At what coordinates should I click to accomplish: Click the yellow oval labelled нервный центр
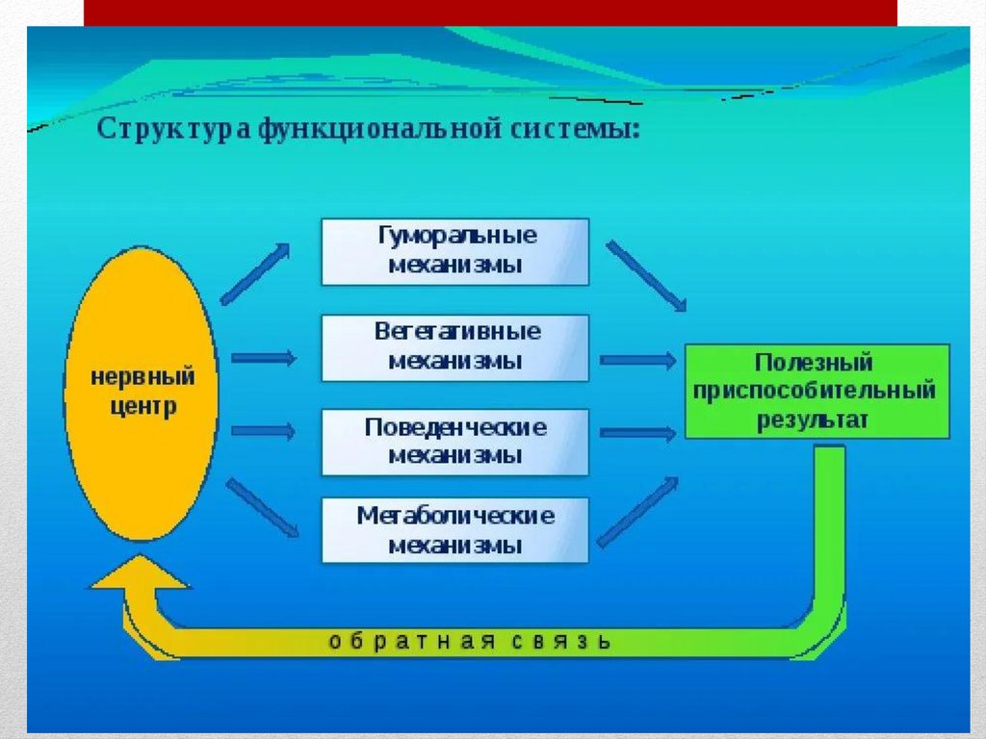point(141,393)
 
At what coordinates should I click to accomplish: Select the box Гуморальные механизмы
point(454,251)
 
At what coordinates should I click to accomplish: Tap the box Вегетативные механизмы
point(454,346)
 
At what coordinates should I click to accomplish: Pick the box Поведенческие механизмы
point(454,442)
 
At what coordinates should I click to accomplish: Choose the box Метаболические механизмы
point(454,530)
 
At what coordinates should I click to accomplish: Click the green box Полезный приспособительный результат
point(817,392)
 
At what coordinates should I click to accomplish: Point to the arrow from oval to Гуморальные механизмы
point(255,273)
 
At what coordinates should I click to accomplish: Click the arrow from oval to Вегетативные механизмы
point(263,358)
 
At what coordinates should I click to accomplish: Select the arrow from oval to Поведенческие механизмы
point(263,430)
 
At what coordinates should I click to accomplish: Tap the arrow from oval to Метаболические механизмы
point(262,508)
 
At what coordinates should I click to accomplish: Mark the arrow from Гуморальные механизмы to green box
point(646,276)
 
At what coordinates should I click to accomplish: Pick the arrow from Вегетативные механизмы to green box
point(637,361)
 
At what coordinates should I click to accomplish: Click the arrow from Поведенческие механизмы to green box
point(637,433)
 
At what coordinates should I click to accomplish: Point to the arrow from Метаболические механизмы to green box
point(637,512)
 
